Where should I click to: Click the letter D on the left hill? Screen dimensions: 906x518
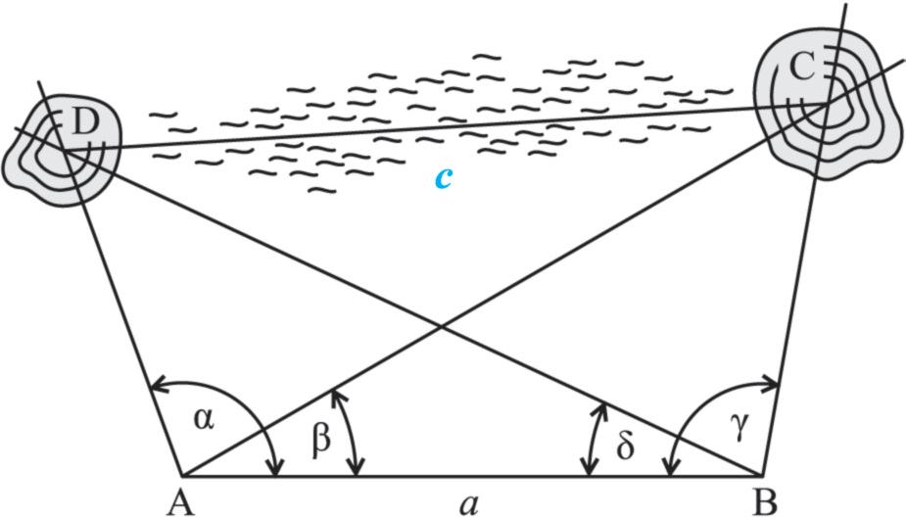point(85,122)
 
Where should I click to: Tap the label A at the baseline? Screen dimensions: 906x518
point(178,503)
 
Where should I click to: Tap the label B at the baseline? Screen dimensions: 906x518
point(765,503)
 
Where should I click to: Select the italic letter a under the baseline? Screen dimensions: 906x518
point(469,503)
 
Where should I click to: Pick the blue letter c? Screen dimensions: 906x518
point(444,177)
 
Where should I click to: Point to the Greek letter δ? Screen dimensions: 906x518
point(626,446)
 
